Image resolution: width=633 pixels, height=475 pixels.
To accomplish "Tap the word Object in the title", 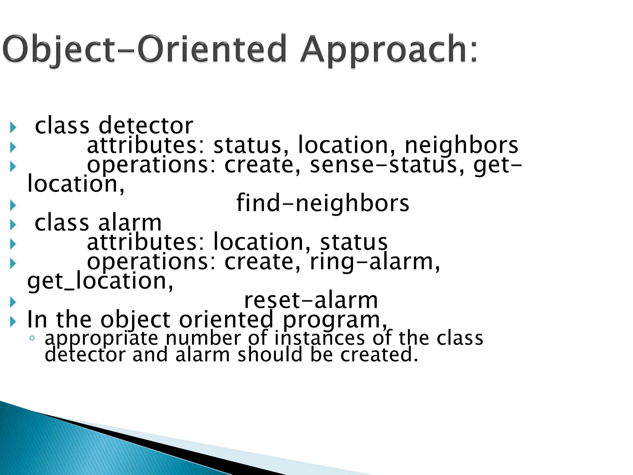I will [x=59, y=49].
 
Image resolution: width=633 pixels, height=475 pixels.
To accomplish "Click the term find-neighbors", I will [x=323, y=203].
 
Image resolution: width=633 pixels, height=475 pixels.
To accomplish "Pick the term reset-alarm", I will [x=311, y=300].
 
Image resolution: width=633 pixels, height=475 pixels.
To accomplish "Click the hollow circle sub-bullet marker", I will [x=32, y=338].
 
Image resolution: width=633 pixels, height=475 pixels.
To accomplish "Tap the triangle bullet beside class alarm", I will [x=13, y=225].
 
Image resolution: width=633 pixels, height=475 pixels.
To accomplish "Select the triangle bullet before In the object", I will [x=13, y=322].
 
